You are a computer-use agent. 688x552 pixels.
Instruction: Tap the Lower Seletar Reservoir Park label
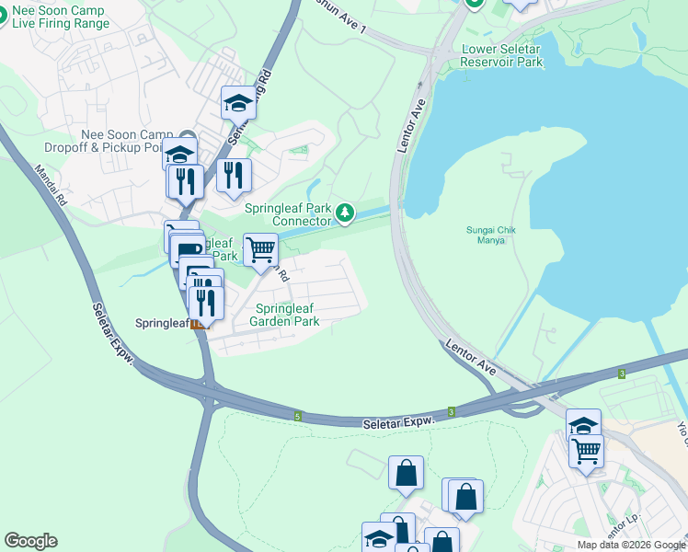(x=502, y=55)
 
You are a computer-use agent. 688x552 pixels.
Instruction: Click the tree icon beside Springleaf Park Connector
(x=345, y=213)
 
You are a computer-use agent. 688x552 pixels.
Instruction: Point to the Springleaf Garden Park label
(x=287, y=315)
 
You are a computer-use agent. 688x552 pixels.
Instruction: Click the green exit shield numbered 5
(x=298, y=417)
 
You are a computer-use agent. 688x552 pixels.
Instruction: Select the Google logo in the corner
(x=30, y=541)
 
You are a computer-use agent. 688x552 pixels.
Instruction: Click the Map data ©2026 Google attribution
(x=632, y=545)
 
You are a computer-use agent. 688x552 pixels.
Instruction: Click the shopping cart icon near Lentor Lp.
(x=586, y=451)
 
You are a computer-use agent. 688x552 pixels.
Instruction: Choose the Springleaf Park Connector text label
(x=288, y=213)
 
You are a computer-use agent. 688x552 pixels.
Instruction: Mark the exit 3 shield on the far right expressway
(x=622, y=374)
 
